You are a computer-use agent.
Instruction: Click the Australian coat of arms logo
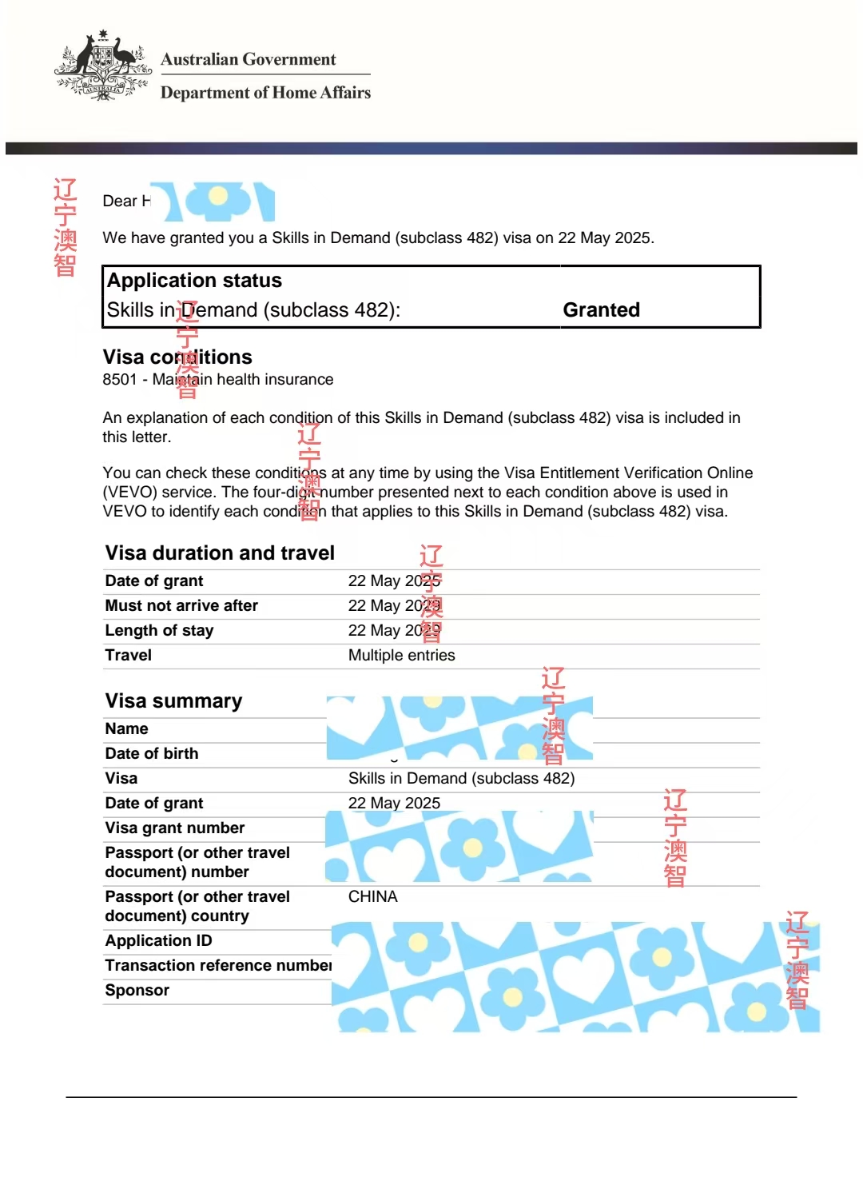pos(103,66)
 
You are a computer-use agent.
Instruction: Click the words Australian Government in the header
pos(248,59)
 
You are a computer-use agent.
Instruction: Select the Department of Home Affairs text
pos(265,93)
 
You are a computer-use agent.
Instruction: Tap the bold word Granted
pos(601,310)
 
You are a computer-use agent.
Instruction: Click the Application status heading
pos(194,281)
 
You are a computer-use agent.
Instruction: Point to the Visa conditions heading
pos(177,357)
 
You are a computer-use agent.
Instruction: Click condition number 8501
pos(120,380)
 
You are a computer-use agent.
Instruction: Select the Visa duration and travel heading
pos(220,553)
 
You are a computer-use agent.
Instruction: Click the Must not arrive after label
pos(181,606)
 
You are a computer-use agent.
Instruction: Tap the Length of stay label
pos(159,631)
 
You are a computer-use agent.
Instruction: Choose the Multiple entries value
pos(401,656)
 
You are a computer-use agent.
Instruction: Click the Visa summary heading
pos(173,701)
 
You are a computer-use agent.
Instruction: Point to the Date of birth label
pos(152,754)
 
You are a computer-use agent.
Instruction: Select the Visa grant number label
pos(175,828)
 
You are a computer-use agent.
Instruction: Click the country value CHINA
pos(372,897)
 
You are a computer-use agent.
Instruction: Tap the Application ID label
pos(158,941)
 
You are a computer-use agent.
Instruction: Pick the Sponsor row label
pos(137,991)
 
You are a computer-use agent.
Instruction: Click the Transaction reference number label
pos(218,966)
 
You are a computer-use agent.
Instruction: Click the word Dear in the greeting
pos(120,201)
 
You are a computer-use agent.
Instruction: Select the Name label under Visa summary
pos(126,729)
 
